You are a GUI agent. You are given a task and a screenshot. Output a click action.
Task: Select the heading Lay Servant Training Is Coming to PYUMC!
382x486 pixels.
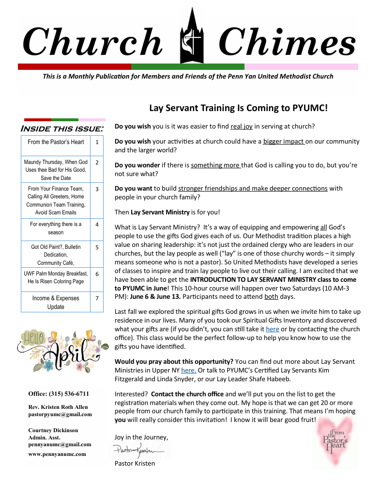coord(238,108)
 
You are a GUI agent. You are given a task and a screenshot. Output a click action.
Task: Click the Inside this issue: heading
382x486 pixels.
coord(62,129)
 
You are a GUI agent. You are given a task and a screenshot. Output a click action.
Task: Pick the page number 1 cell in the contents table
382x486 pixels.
coord(97,142)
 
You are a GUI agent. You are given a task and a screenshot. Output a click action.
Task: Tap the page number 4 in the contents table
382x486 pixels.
coord(97,225)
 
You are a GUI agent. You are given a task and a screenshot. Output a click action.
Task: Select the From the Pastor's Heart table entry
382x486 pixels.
coord(56,142)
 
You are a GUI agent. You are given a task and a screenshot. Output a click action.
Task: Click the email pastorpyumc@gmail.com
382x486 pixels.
coord(60,414)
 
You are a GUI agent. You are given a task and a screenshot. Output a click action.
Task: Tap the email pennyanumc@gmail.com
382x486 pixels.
coord(60,444)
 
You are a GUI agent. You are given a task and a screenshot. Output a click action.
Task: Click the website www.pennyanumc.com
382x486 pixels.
coord(57,454)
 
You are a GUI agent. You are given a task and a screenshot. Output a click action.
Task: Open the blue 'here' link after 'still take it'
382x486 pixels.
coord(273,329)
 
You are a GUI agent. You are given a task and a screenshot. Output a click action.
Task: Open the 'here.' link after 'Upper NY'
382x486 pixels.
coord(189,370)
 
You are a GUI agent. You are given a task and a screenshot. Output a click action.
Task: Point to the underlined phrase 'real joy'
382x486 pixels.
coord(242,127)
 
